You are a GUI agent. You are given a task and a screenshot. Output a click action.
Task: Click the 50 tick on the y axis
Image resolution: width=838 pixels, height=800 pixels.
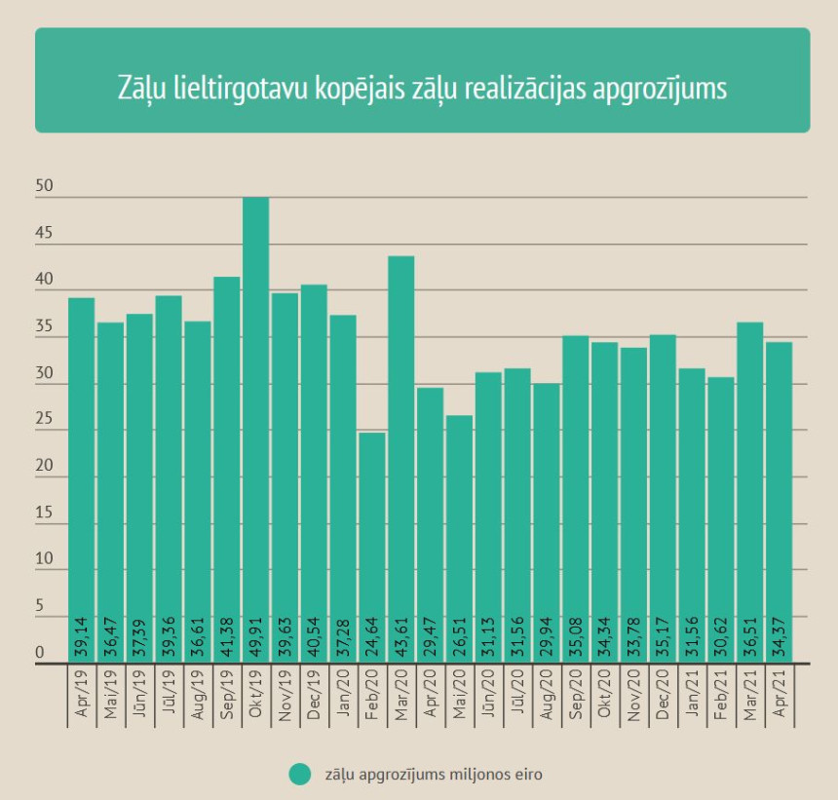[x=44, y=185]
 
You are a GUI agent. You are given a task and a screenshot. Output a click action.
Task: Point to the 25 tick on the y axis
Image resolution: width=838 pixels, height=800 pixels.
[x=44, y=419]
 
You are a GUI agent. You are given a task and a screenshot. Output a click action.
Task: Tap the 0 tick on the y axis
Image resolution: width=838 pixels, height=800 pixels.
[x=40, y=652]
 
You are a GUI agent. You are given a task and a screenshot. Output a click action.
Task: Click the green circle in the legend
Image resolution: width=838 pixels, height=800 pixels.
[x=300, y=774]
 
